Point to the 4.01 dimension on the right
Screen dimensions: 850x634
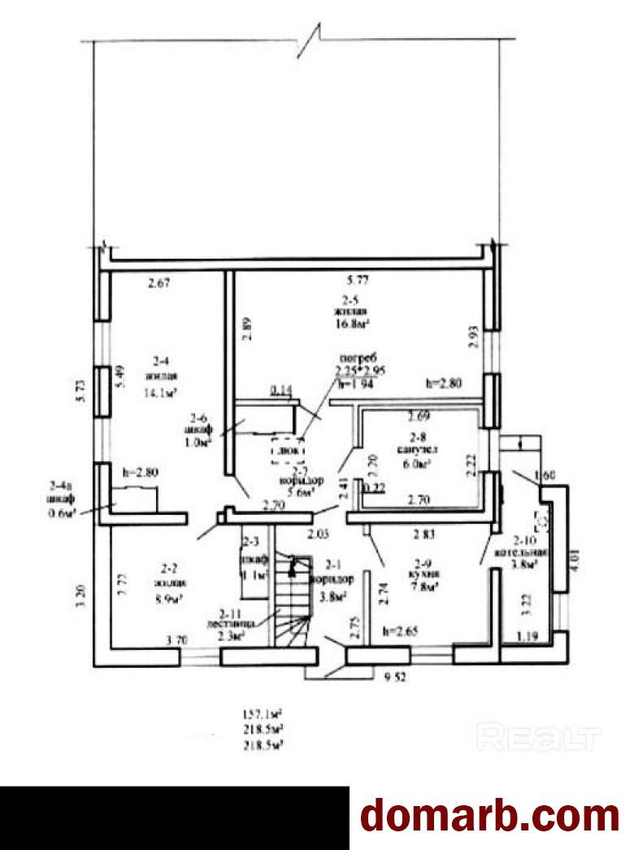575,562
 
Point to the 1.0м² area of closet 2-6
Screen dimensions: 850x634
199,442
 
